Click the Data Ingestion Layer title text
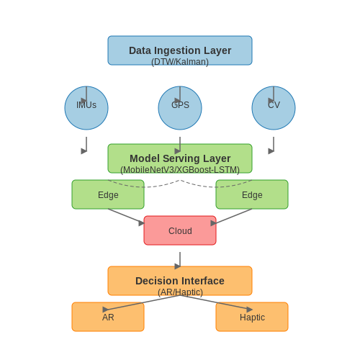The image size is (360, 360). point(180,50)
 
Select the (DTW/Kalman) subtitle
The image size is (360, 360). point(180,62)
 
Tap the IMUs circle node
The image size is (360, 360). point(86,108)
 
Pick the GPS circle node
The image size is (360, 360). point(180,108)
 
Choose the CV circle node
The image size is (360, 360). point(274,108)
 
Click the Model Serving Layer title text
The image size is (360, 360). point(180,158)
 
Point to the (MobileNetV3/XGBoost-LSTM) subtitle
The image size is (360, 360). point(180,170)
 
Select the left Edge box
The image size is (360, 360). point(108,194)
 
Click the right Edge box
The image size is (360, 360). point(252,194)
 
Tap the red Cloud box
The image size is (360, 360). point(180,230)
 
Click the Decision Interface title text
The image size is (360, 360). point(180,281)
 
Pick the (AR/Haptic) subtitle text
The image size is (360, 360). point(180,292)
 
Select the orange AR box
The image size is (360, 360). point(108,317)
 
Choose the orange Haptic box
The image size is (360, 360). point(252,317)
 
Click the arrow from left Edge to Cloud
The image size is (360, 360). point(126,216)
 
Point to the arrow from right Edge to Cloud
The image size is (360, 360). point(232,217)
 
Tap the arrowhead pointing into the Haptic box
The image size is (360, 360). point(249,310)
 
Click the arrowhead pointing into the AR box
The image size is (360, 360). point(105,310)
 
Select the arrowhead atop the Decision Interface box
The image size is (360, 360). point(178,266)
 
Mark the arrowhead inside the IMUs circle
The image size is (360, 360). point(84,101)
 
